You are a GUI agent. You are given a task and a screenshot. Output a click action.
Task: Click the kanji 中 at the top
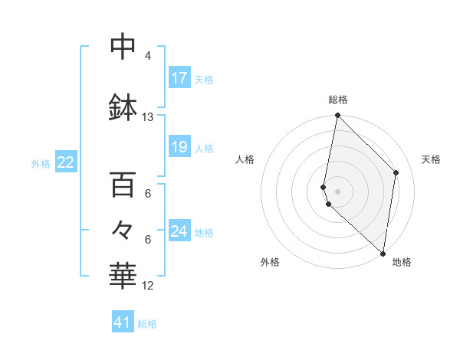123,47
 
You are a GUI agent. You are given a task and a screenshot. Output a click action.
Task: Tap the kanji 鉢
123,107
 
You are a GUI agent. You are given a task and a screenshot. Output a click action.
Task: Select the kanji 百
123,185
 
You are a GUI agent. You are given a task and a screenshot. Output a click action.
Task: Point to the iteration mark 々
123,229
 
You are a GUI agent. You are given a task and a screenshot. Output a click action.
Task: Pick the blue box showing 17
179,78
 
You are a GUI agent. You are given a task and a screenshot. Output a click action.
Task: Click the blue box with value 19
179,147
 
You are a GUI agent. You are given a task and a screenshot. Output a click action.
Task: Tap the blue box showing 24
179,231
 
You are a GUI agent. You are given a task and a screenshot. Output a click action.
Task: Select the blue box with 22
66,162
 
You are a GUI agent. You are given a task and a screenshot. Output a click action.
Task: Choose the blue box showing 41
123,322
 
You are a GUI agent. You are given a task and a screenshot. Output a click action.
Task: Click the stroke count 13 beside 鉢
148,117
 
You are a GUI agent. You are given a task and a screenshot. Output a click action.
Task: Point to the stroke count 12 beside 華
148,286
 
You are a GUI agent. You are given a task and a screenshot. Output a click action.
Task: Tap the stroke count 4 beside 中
148,56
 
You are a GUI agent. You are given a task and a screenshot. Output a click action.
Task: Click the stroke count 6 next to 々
148,239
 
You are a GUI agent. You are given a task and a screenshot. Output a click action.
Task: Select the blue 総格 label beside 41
147,323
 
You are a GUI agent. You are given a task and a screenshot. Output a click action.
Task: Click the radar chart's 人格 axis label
245,159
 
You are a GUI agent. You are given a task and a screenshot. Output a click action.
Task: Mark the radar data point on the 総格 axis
337,116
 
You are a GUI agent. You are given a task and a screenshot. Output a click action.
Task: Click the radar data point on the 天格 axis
396,172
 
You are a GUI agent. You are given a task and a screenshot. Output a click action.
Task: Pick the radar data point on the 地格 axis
383,254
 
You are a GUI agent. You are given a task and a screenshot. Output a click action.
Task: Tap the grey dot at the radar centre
337,191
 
